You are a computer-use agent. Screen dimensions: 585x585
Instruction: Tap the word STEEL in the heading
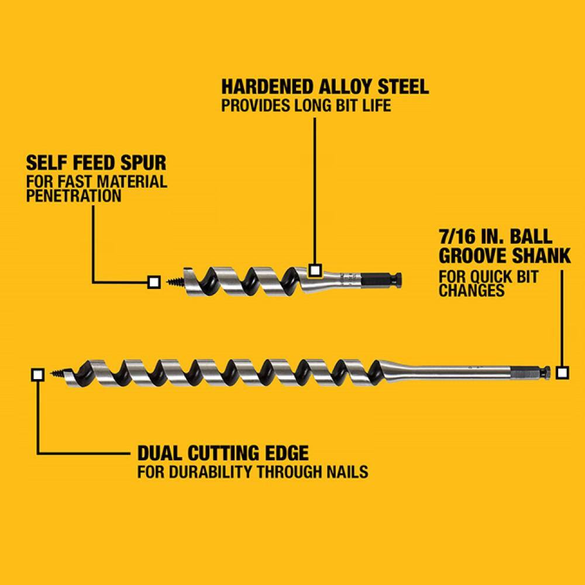click(x=403, y=87)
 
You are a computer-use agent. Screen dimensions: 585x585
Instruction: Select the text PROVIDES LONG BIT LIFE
click(x=306, y=105)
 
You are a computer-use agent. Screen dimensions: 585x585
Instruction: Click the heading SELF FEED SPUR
click(x=97, y=163)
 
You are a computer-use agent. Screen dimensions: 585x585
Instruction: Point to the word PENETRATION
click(x=74, y=196)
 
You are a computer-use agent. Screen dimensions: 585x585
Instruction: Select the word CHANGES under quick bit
click(x=472, y=290)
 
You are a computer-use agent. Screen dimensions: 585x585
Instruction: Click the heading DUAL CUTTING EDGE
click(x=223, y=453)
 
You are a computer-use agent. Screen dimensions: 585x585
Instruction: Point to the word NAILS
click(x=347, y=472)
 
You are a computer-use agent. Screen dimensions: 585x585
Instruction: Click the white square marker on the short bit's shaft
click(x=315, y=270)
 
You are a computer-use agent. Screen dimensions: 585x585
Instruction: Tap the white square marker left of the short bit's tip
click(x=154, y=282)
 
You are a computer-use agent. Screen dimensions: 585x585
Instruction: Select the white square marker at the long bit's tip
click(x=37, y=374)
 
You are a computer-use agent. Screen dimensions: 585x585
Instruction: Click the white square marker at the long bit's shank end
click(x=562, y=373)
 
